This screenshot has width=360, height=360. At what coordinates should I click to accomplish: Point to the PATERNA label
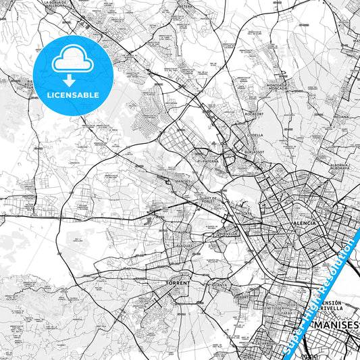[x=209, y=162]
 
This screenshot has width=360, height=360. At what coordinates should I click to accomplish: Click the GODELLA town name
[x=255, y=134]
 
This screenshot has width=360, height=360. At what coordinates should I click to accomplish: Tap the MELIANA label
[x=341, y=116]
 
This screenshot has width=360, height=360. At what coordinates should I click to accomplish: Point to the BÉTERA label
[x=186, y=5]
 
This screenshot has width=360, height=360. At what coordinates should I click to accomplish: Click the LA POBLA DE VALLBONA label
[x=57, y=4]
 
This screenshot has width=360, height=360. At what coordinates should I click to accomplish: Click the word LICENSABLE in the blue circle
[x=72, y=95]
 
